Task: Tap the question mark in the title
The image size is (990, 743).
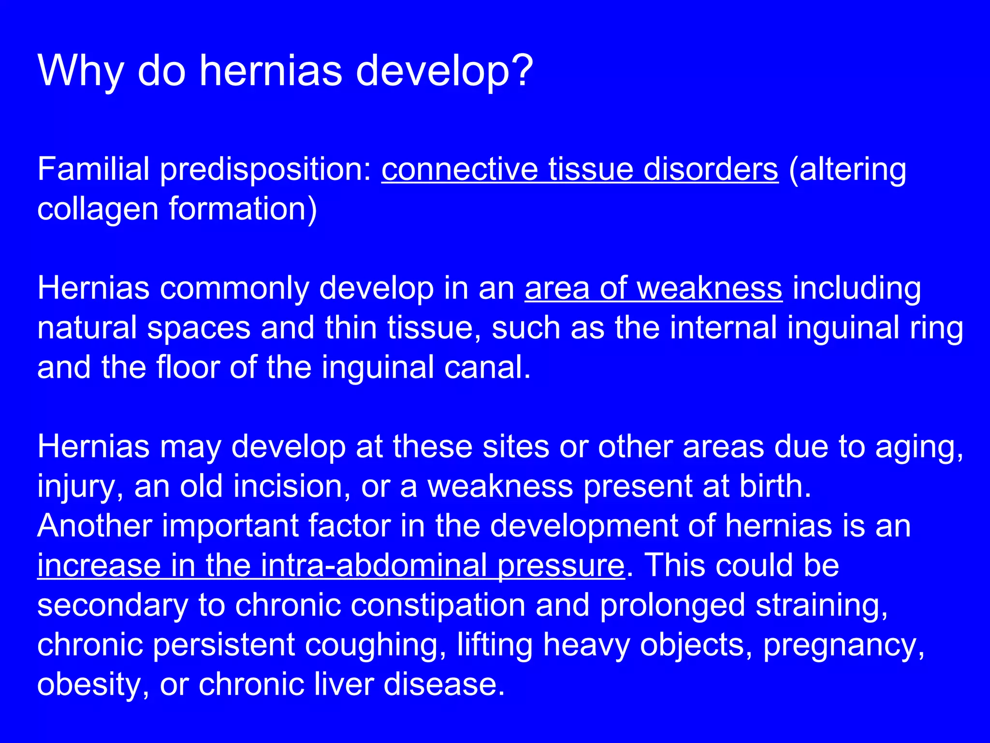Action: pos(520,71)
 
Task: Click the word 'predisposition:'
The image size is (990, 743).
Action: pos(265,170)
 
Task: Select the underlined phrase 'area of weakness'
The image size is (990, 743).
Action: pos(653,288)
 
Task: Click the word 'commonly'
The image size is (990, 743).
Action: pos(234,289)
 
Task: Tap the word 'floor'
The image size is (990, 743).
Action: pos(188,367)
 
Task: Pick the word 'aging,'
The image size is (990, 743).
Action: pos(919,447)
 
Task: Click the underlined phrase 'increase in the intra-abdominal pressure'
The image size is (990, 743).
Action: pos(331,565)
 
